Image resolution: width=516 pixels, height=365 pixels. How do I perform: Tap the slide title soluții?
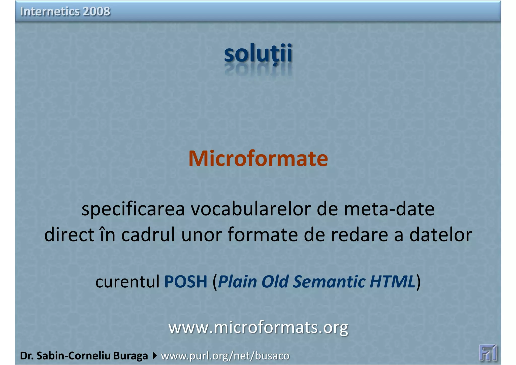tap(258, 53)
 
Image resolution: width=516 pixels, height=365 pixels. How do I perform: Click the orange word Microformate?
tap(258, 159)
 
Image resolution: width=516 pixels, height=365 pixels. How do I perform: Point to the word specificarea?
tap(133, 209)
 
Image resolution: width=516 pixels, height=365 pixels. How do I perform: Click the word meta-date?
tap(389, 209)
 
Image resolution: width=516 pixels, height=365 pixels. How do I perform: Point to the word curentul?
tap(127, 282)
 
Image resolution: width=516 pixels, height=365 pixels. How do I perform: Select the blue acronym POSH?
tap(186, 282)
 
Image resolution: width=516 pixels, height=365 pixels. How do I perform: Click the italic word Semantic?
tap(329, 282)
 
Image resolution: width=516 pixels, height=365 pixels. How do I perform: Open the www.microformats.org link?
tap(258, 327)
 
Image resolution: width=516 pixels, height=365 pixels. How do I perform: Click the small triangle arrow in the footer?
tap(154, 356)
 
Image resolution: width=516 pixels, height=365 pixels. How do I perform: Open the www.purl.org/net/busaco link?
tap(225, 356)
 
